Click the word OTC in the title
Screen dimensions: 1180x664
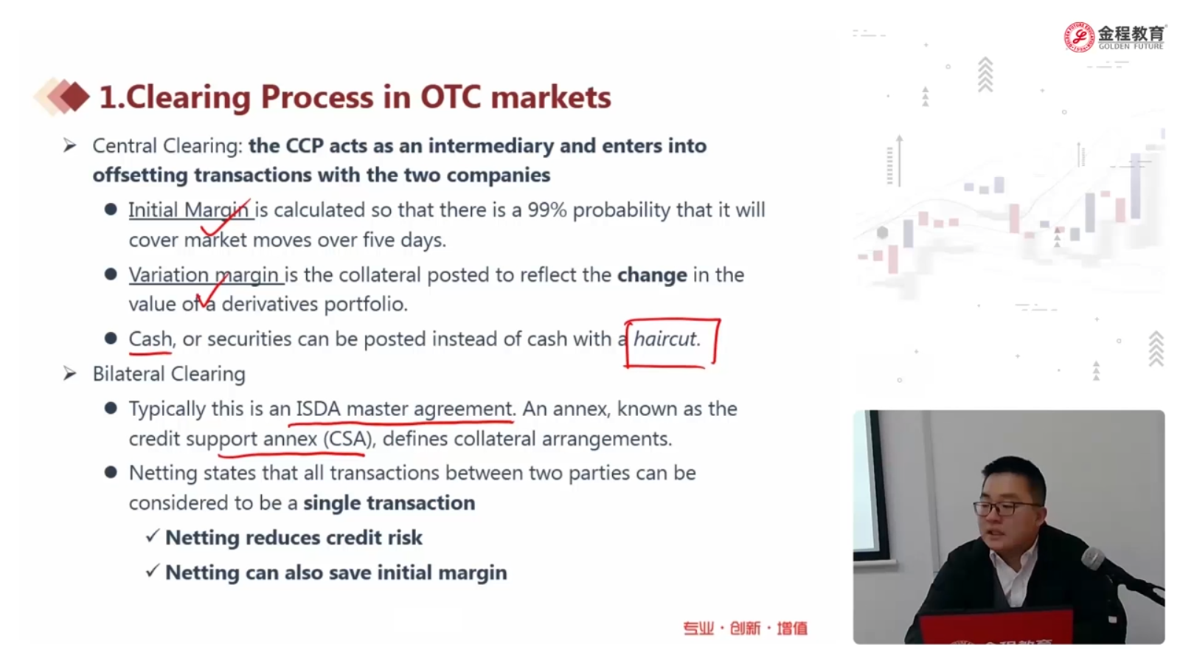pos(451,97)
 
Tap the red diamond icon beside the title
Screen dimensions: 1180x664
pos(74,97)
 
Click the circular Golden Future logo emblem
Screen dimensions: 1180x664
pos(1079,38)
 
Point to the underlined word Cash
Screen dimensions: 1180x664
pos(150,339)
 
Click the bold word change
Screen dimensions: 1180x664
pos(652,275)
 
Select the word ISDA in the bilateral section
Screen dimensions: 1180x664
pos(318,409)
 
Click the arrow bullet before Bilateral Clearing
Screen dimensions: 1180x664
pos(70,373)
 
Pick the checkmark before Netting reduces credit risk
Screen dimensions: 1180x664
pos(152,536)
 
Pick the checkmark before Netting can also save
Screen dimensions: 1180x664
pos(152,571)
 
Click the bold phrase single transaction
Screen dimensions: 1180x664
pos(389,502)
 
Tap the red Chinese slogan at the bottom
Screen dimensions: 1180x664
pos(746,628)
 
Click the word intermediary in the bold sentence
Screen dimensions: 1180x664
pos(491,146)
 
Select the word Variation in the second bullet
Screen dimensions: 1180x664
pos(169,275)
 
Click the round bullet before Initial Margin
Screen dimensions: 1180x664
pos(111,210)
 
